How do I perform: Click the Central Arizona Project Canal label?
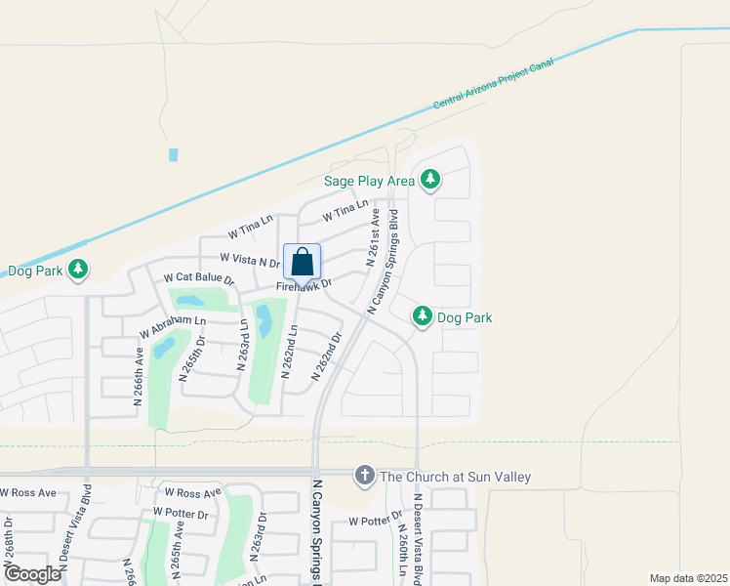494,82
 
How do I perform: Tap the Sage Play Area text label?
370,181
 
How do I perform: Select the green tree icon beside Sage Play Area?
430,180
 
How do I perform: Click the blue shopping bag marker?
303,262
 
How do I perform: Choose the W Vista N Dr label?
250,259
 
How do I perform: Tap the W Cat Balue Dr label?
199,278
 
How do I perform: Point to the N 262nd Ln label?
288,353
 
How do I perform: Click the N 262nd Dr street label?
327,356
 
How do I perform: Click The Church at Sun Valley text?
455,477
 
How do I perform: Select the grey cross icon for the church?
365,476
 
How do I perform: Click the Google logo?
31,574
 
